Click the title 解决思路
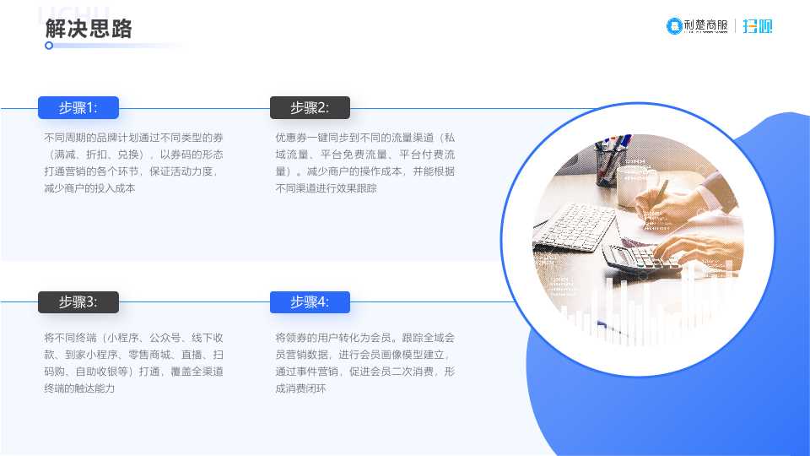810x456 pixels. (89, 29)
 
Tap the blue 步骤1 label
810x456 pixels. (78, 107)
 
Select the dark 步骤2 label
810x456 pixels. (310, 107)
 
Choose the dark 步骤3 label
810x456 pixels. (78, 302)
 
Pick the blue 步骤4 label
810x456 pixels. (310, 302)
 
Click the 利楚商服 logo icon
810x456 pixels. (674, 26)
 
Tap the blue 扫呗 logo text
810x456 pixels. (758, 26)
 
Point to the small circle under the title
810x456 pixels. (49, 46)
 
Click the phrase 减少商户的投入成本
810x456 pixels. (89, 188)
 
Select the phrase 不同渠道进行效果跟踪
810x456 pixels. (326, 188)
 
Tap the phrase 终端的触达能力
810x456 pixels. (79, 388)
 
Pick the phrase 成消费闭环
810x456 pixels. (300, 388)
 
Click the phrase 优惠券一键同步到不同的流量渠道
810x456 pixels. (354, 138)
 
